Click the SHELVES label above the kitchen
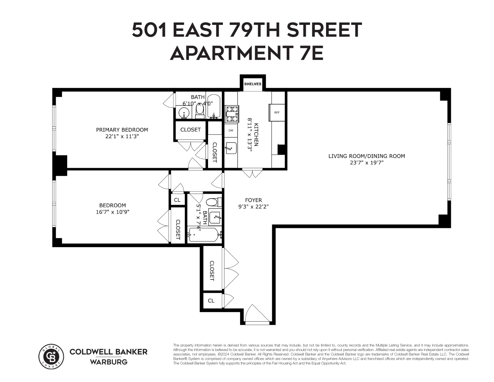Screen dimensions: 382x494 tap(252, 84)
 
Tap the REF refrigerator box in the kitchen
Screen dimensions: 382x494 tap(277, 112)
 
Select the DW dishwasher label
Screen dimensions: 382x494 tap(231, 130)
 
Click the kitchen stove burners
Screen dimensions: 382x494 tap(232, 113)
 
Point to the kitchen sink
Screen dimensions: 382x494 tap(230, 147)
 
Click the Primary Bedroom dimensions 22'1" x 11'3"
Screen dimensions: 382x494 tap(122, 136)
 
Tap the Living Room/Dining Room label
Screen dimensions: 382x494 tap(366, 156)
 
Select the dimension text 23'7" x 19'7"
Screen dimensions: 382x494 tap(366, 162)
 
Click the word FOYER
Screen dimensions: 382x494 tap(253, 200)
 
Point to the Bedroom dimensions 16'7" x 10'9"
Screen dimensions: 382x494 tap(112, 212)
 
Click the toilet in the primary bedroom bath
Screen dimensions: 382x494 tap(200, 111)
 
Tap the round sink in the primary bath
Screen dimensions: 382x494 tap(184, 113)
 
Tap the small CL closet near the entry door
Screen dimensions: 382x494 tap(211, 301)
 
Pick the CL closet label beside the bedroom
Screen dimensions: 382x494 tap(177, 200)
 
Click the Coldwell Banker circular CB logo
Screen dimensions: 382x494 tap(51, 356)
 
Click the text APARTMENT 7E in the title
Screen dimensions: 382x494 tap(247, 53)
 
